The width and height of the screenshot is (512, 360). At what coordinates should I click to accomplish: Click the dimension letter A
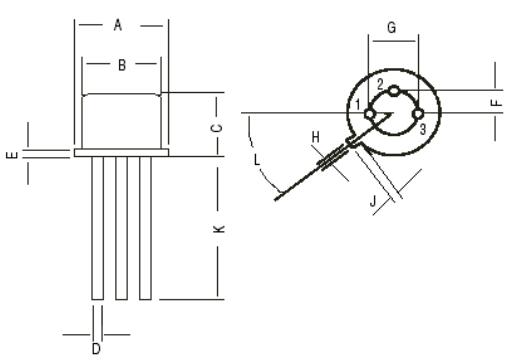[x=119, y=24]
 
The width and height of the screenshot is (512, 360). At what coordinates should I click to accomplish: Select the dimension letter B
[x=121, y=66]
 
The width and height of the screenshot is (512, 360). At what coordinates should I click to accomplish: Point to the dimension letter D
[x=96, y=348]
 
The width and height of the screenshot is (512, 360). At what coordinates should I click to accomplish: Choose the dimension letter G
[x=392, y=29]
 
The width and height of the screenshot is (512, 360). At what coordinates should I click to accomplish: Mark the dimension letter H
[x=314, y=136]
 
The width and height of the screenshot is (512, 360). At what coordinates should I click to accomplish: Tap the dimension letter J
[x=373, y=202]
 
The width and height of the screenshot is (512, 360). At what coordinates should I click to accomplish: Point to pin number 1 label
[x=357, y=105]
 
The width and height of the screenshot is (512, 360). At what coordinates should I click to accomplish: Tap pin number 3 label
[x=423, y=129]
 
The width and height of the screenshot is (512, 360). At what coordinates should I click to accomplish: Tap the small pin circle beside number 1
[x=370, y=114]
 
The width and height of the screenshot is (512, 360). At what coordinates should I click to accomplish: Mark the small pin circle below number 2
[x=394, y=92]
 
